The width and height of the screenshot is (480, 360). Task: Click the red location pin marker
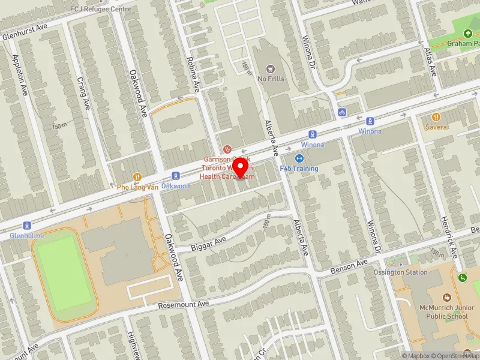point(241,166)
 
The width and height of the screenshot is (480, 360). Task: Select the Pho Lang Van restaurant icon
point(137,177)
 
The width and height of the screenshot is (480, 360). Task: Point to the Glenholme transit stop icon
point(26,226)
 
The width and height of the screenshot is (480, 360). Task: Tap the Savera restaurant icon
point(436,117)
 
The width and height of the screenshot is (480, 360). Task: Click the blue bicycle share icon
point(341,112)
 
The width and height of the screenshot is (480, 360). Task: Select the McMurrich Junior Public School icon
point(446,298)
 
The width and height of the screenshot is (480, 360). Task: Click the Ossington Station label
point(409,272)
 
